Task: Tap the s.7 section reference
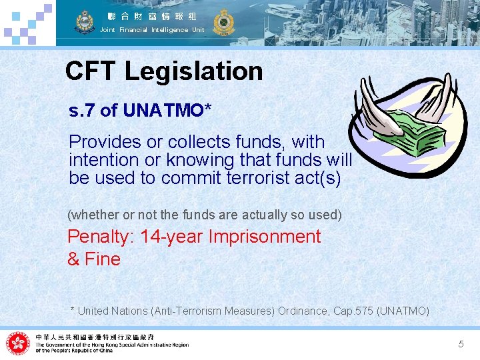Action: click(x=83, y=111)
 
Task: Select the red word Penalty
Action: click(x=100, y=237)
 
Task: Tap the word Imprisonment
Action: click(x=265, y=237)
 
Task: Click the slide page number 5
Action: click(x=461, y=344)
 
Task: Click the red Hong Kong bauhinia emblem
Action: click(x=18, y=343)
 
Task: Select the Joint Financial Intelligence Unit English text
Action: click(x=152, y=30)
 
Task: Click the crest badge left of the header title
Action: click(x=85, y=21)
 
